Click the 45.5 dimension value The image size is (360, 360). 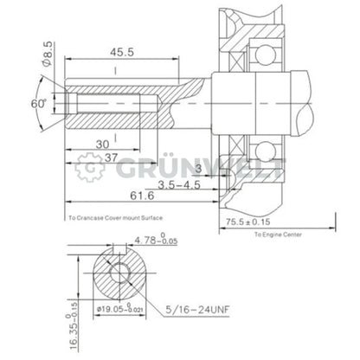pos(121,52)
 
